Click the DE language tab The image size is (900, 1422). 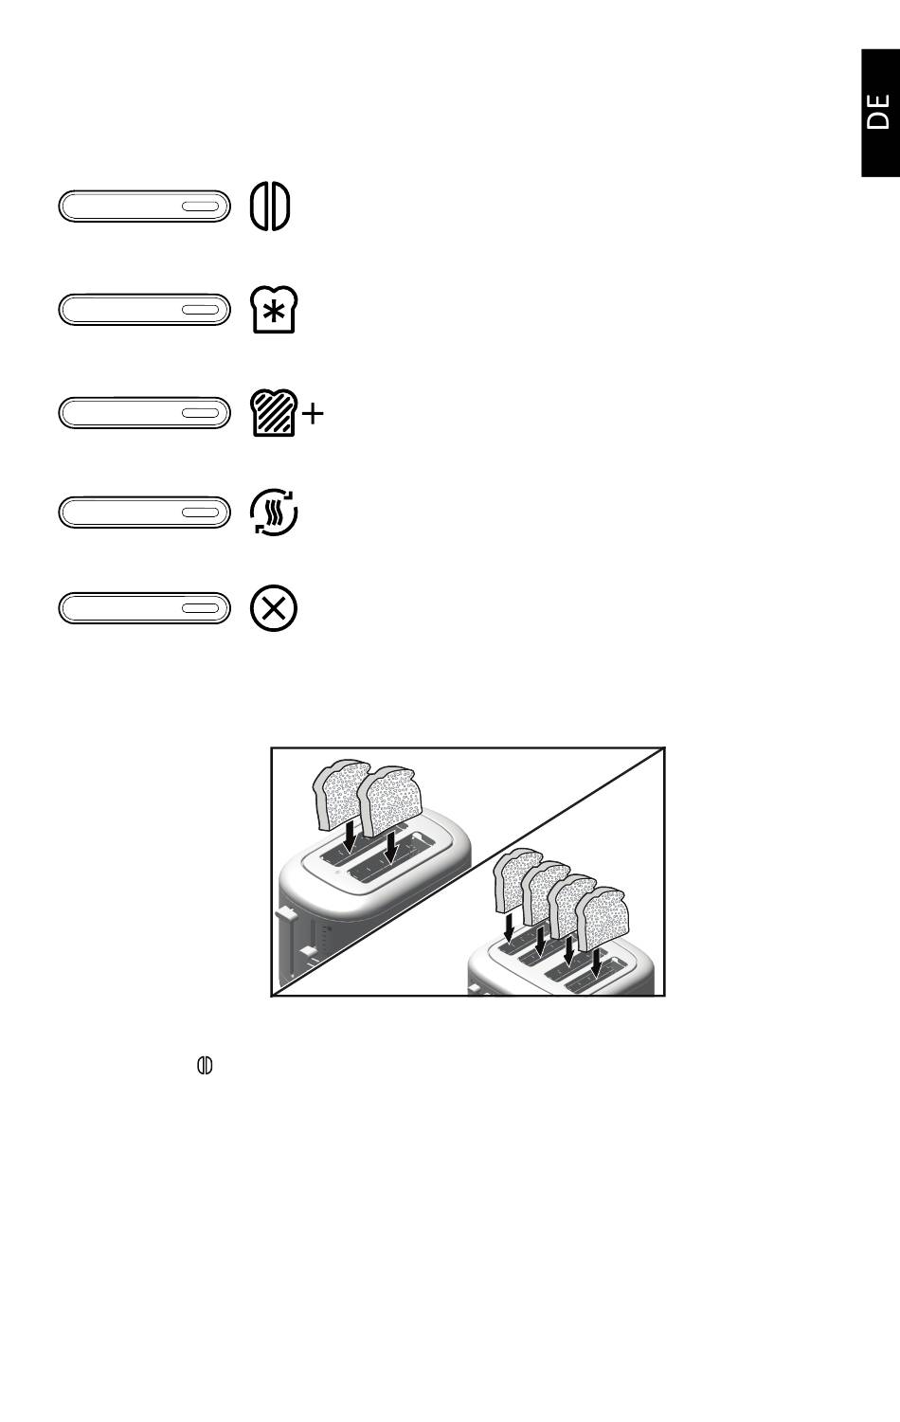(880, 113)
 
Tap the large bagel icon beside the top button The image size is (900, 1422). (270, 207)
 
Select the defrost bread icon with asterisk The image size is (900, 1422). (274, 310)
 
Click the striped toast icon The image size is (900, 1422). (274, 413)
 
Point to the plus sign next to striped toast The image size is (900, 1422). (313, 414)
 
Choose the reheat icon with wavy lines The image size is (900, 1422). (274, 512)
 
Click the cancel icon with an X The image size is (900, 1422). (274, 608)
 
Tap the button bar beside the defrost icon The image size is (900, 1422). (144, 310)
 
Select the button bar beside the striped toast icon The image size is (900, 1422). (144, 413)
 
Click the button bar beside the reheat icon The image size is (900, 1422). (144, 513)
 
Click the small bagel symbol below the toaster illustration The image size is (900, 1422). (205, 1065)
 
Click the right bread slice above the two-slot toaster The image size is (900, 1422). (390, 801)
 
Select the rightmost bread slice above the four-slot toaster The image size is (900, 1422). (603, 919)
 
